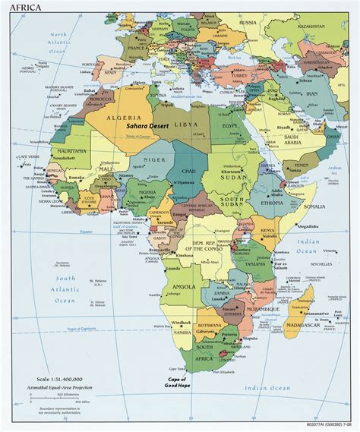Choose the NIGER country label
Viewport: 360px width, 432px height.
pos(154,160)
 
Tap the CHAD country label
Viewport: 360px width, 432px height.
pos(189,172)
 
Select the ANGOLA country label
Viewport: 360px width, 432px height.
pos(185,287)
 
